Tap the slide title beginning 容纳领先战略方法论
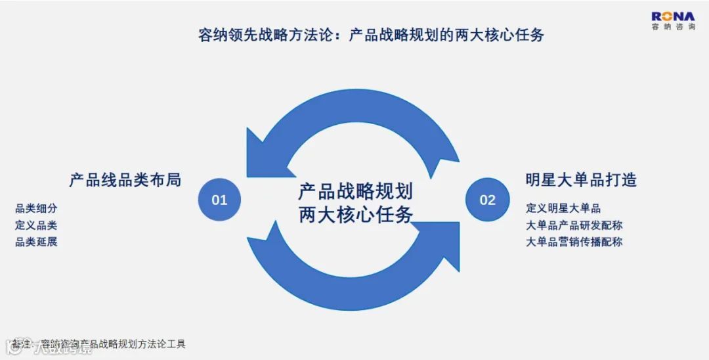click(371, 35)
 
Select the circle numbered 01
click(219, 199)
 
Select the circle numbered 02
click(487, 199)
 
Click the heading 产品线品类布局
click(125, 179)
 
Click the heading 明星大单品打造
click(581, 179)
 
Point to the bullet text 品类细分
click(36, 209)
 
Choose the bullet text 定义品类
click(36, 225)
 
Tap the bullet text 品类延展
click(36, 242)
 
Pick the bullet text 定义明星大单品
click(563, 209)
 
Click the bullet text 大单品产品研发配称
click(574, 225)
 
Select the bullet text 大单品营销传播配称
click(574, 242)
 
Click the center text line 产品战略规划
click(355, 192)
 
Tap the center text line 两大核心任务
click(355, 214)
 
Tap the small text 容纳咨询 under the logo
click(672, 27)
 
